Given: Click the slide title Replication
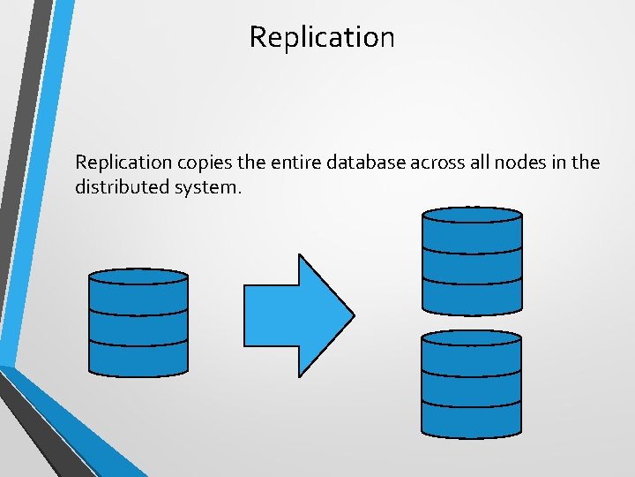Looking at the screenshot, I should click(x=322, y=37).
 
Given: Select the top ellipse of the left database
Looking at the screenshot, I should click(x=138, y=276).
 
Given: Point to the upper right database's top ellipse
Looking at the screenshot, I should click(x=473, y=215).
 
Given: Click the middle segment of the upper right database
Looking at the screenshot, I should click(x=473, y=268).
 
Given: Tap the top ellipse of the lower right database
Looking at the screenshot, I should click(x=472, y=337).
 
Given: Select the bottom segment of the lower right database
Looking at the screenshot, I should click(x=472, y=420).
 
